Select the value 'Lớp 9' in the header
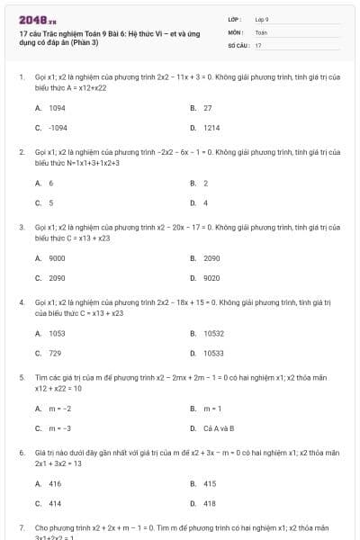(262, 19)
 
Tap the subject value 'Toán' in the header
(261, 31)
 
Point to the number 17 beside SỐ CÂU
(258, 44)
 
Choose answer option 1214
(211, 128)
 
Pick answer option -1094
(56, 128)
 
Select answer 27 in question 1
(207, 107)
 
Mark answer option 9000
(56, 258)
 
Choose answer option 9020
(211, 278)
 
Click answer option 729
(54, 354)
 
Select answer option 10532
(213, 333)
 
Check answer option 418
(209, 503)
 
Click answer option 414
(54, 503)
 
